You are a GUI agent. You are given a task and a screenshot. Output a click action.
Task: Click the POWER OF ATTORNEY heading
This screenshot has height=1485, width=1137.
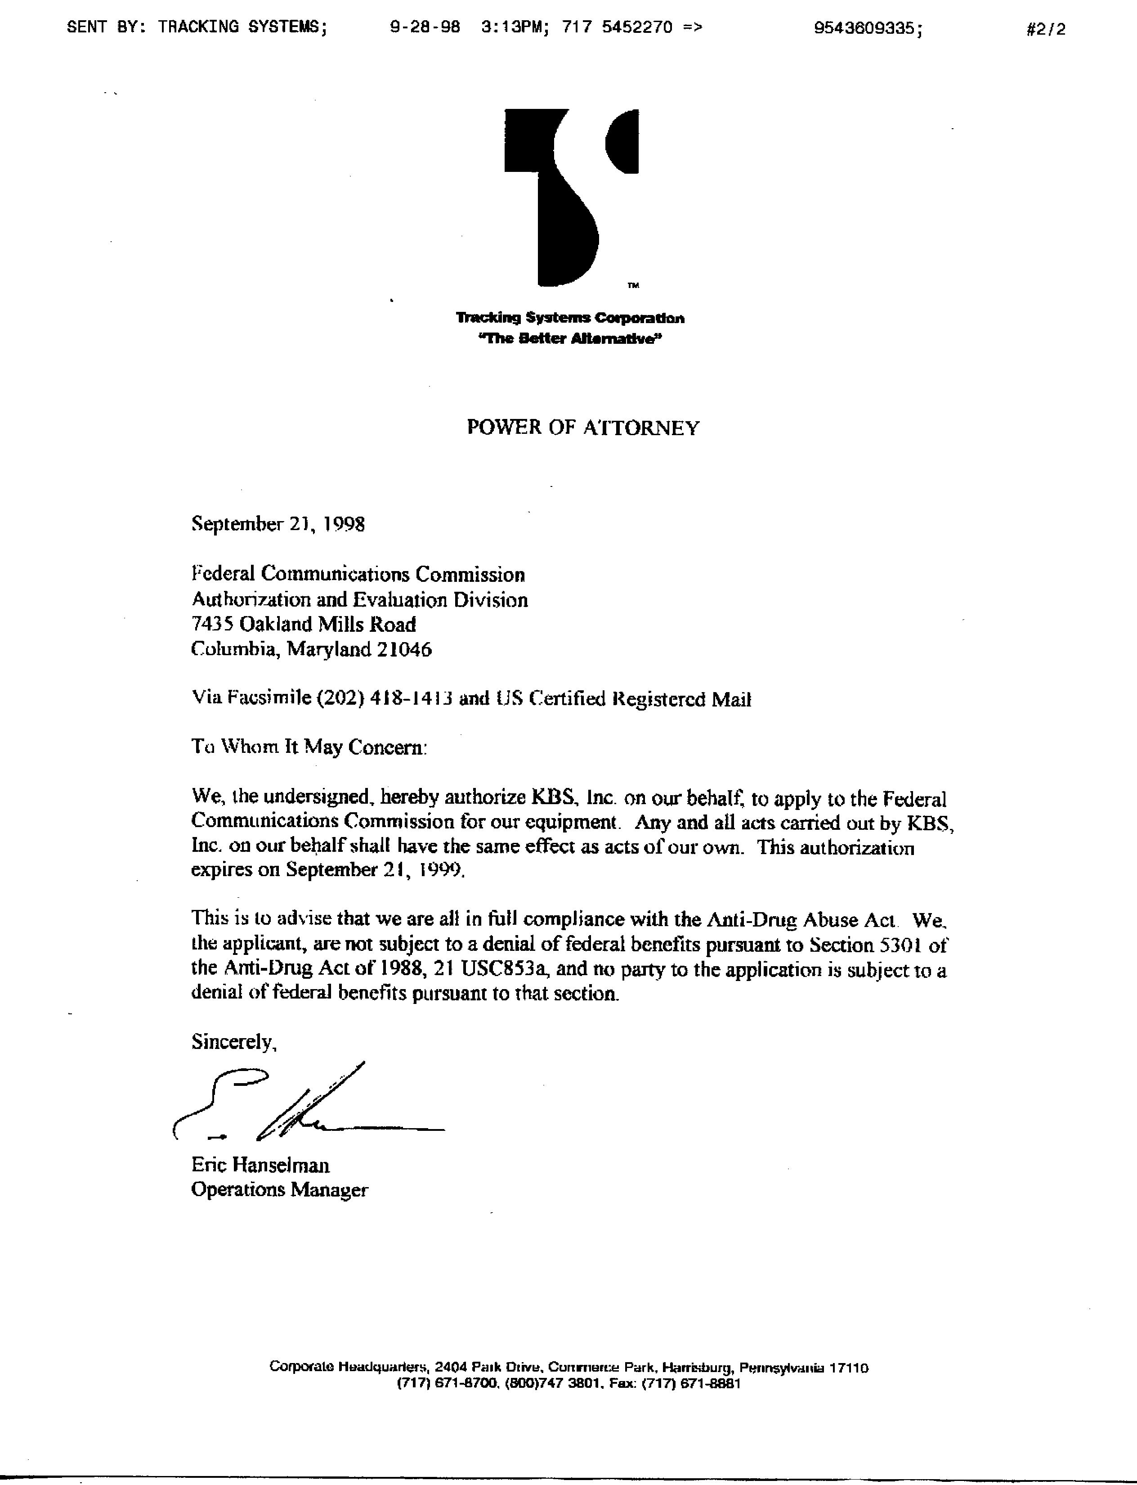(x=583, y=428)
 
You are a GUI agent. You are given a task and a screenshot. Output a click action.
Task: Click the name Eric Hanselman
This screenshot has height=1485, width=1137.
(x=260, y=1165)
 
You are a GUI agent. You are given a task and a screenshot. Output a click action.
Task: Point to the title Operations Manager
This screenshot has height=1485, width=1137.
(x=279, y=1190)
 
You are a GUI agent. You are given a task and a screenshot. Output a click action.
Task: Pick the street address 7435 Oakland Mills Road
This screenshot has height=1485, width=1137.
(x=304, y=624)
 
